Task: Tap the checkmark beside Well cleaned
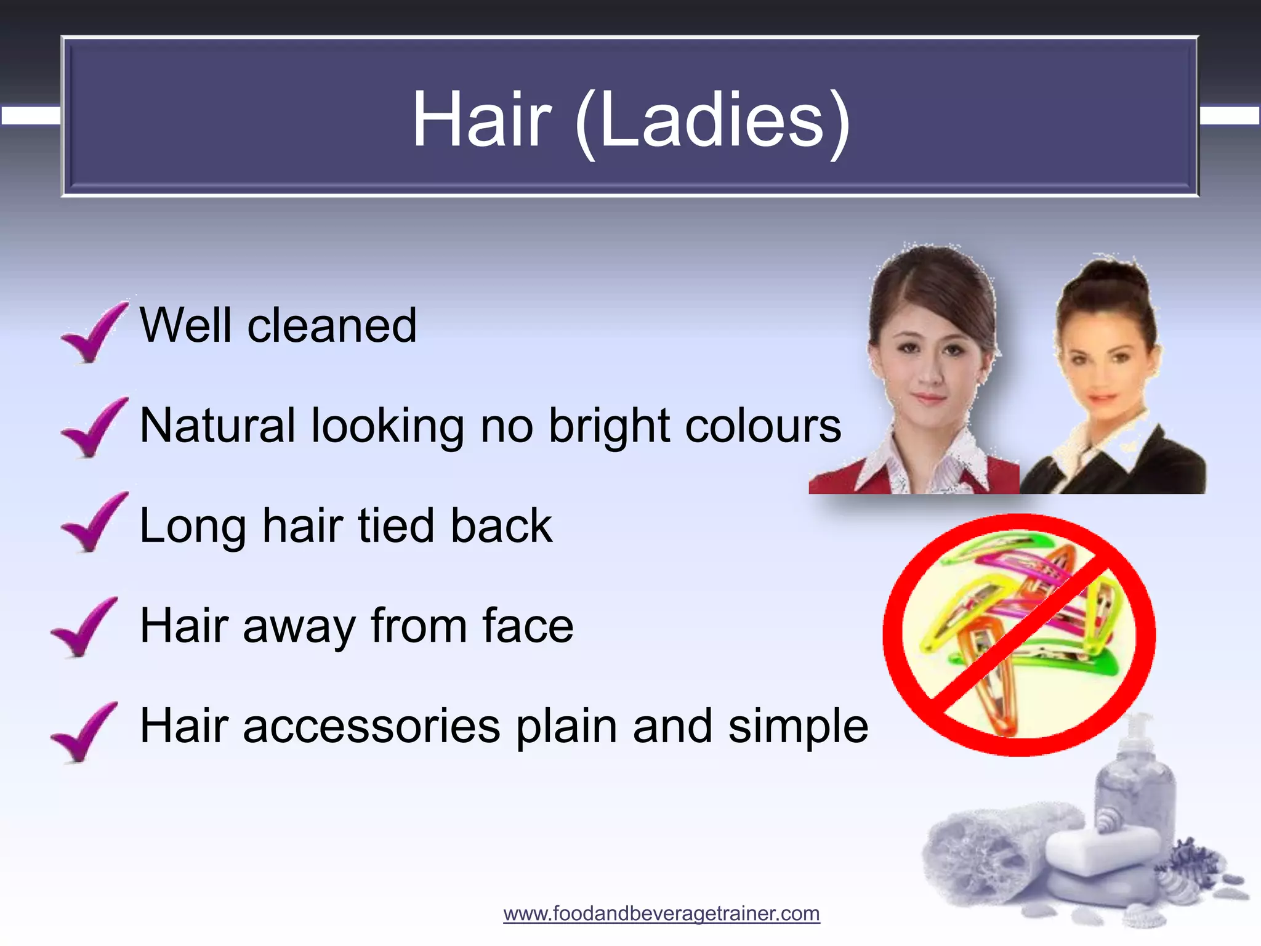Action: (x=93, y=333)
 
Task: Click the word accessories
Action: (x=372, y=727)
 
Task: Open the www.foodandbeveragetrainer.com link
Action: (x=661, y=913)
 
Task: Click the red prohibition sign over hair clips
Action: (x=1019, y=634)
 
